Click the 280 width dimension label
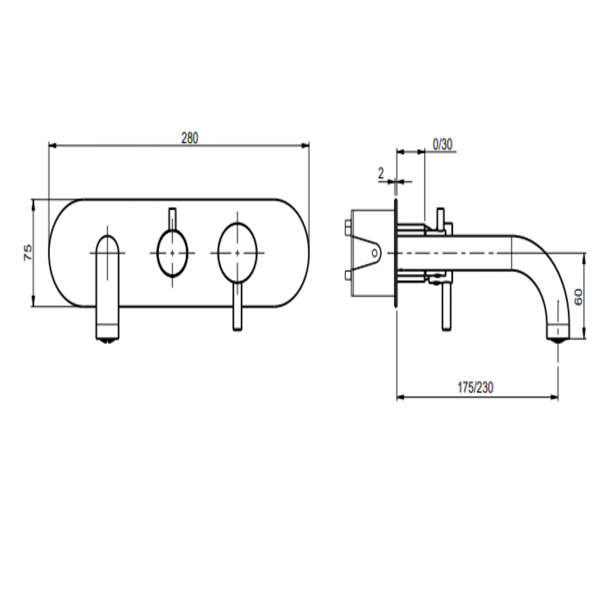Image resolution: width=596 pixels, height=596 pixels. coord(189,138)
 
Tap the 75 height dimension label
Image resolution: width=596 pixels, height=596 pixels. coord(28,253)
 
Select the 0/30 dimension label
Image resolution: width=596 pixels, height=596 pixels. coord(442,145)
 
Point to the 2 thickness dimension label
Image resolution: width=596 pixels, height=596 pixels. coord(381,173)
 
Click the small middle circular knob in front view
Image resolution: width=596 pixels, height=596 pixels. coord(172,253)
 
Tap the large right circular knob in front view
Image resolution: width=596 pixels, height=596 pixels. coord(237,253)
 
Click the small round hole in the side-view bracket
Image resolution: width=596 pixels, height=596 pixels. coord(375,253)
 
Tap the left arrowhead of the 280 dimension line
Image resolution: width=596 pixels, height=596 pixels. coord(51,146)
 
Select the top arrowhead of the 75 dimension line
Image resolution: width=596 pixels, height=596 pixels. coord(33,202)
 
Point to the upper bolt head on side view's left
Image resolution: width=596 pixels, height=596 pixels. coord(347,226)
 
